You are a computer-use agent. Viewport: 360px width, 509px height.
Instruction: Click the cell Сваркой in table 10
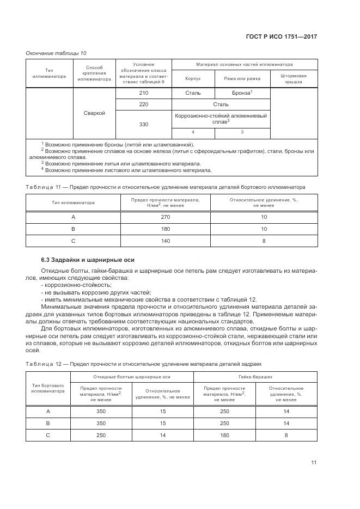pyautogui.click(x=95, y=113)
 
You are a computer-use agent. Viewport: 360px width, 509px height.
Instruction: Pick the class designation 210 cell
pyautogui.click(x=144, y=93)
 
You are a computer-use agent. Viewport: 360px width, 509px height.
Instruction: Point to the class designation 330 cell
pyautogui.click(x=144, y=124)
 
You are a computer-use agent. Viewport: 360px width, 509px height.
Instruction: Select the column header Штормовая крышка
pyautogui.click(x=293, y=78)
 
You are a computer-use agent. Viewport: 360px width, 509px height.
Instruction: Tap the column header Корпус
pyautogui.click(x=193, y=78)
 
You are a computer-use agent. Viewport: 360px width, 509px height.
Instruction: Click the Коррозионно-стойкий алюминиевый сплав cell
pyautogui.click(x=221, y=119)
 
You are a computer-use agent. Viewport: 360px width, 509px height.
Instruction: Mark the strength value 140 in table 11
pyautogui.click(x=165, y=240)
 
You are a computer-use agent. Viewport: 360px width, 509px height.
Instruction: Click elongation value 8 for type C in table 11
pyautogui.click(x=264, y=240)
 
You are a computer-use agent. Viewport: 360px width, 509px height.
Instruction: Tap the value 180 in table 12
pyautogui.click(x=224, y=435)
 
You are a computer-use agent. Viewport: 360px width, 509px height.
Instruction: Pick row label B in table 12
pyautogui.click(x=48, y=423)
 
